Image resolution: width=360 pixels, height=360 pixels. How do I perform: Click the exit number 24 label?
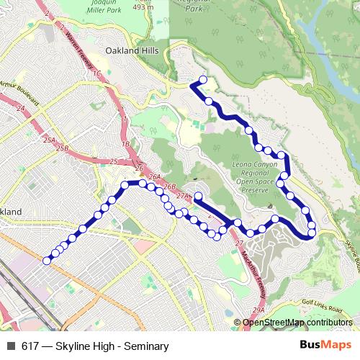(x=20, y=108)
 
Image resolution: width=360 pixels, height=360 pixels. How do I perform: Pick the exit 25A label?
(x=49, y=139)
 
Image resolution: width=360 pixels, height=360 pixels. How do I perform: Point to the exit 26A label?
(x=153, y=176)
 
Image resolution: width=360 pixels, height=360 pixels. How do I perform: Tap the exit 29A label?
(x=259, y=309)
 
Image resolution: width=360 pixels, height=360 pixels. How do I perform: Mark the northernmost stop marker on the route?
(x=203, y=80)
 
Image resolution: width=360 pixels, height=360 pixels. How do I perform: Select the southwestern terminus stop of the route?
(x=48, y=261)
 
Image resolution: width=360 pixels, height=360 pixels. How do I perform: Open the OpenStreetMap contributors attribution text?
(x=297, y=323)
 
